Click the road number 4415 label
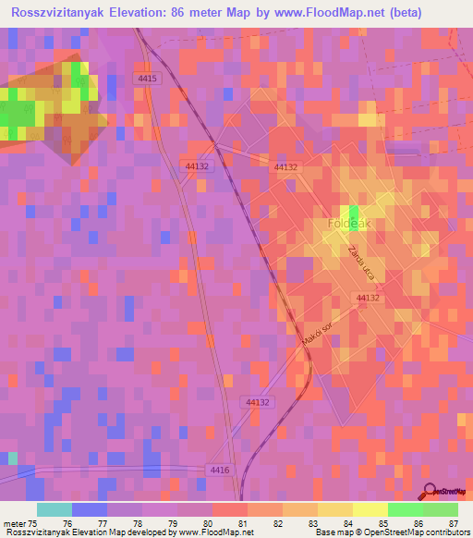(148, 79)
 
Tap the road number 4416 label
(219, 471)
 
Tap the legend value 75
(37, 523)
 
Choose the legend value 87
(454, 523)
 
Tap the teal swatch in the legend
(55, 509)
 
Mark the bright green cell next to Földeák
(354, 212)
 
